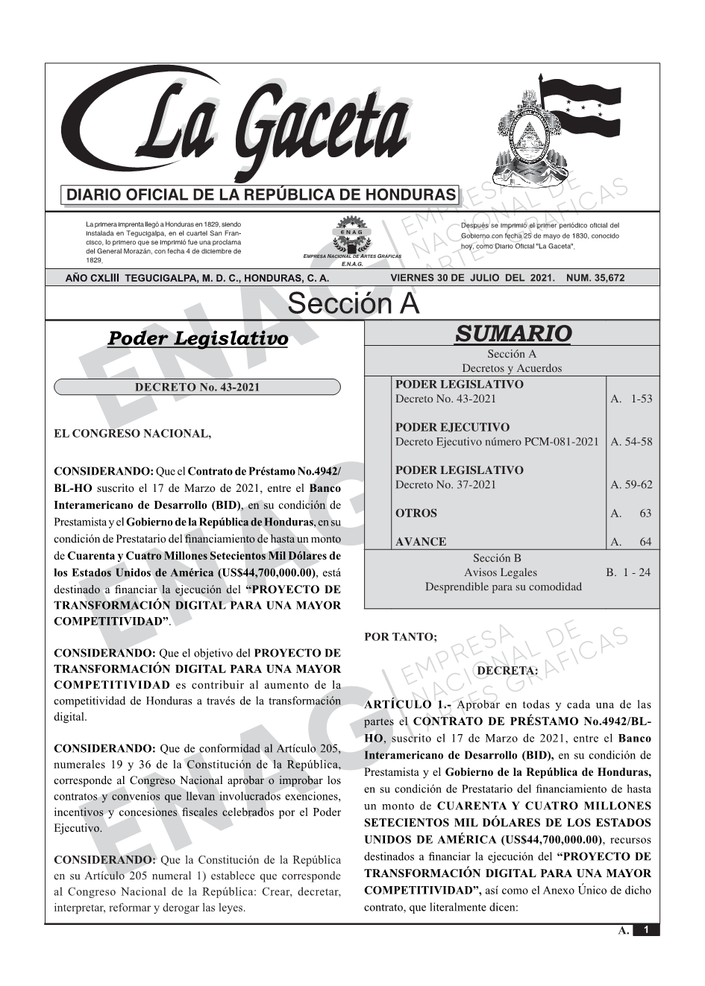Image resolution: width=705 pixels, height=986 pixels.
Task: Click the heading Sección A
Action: coord(353,304)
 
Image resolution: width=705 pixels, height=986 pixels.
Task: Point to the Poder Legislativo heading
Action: coord(198,338)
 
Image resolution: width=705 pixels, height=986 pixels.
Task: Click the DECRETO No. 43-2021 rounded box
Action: coord(197,388)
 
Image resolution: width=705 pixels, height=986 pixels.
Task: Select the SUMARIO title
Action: coord(513,334)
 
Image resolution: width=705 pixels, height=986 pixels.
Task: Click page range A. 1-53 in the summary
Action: coord(630,399)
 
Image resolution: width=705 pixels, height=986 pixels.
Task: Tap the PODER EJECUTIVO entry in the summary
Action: coord(452,427)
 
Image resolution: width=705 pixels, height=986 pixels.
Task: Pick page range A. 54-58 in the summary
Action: coord(630,442)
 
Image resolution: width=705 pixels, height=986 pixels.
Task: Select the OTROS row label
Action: coord(416,513)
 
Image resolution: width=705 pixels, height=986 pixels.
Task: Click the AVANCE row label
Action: coord(421,542)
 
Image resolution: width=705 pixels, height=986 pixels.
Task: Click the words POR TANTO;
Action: coord(400,637)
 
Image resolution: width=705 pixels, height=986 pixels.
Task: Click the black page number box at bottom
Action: coord(646,930)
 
